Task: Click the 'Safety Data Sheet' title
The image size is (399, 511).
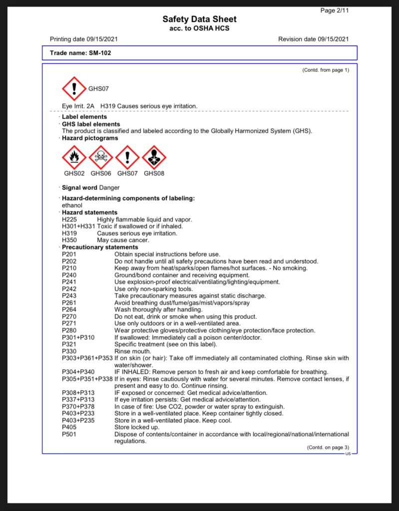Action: (x=199, y=19)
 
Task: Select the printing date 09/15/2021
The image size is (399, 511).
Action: (x=102, y=39)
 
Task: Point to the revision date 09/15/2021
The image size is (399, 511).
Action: (x=332, y=39)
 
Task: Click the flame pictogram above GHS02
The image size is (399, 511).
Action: (x=74, y=158)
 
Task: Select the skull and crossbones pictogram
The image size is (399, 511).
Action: (x=101, y=158)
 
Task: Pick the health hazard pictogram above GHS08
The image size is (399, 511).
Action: (x=154, y=158)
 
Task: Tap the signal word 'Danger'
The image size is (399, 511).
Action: (x=109, y=188)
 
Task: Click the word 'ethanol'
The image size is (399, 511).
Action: (x=72, y=205)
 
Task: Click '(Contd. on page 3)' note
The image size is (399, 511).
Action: (x=328, y=448)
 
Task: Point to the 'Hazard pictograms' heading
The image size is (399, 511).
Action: (x=90, y=138)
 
